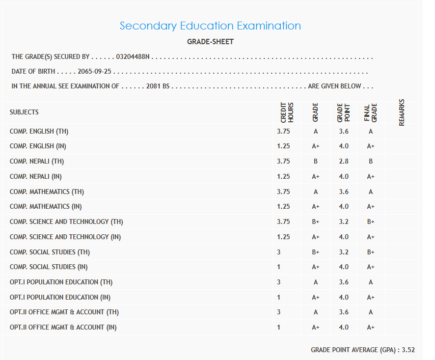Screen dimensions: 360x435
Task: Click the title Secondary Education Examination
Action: coord(210,26)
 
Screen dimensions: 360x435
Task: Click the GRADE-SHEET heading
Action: coord(210,42)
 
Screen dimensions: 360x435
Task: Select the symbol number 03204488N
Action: coord(133,57)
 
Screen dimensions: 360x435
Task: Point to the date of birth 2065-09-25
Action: coord(95,71)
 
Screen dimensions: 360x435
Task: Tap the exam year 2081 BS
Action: coord(158,86)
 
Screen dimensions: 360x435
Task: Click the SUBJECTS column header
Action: coord(24,112)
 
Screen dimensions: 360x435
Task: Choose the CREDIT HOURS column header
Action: coord(287,112)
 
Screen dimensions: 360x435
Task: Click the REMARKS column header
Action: coord(402,112)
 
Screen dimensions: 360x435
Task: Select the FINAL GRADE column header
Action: coord(370,112)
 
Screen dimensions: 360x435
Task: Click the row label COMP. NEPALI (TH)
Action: coord(37,161)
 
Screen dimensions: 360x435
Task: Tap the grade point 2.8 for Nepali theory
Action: coord(344,161)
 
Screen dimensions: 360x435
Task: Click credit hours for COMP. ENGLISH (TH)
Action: coord(283,131)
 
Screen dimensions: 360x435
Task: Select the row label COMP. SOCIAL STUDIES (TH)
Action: coord(50,252)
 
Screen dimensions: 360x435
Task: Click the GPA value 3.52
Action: coord(408,350)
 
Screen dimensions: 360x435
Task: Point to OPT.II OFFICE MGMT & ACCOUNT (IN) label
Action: coord(63,327)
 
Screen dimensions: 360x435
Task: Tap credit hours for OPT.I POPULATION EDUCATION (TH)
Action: coord(279,282)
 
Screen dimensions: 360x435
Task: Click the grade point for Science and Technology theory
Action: coord(344,222)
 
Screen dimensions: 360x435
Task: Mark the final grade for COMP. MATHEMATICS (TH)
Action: coord(371,192)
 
